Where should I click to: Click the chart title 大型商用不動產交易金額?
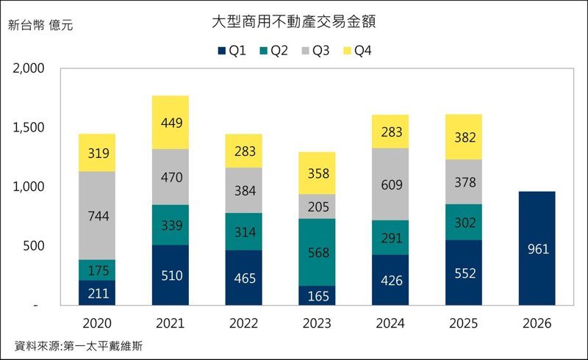tap(293, 22)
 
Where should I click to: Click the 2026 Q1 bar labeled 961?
tap(537, 248)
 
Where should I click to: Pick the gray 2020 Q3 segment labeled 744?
tap(98, 215)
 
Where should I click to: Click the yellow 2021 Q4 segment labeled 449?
tap(171, 123)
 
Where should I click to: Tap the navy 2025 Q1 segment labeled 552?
tap(464, 273)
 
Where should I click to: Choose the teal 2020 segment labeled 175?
tap(98, 270)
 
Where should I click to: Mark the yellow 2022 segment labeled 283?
tap(244, 151)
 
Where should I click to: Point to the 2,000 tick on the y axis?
tap(29, 69)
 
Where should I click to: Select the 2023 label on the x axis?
tap(318, 323)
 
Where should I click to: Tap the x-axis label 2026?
tap(537, 323)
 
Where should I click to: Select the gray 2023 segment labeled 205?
tap(318, 206)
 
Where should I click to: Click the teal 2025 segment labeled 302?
tap(464, 222)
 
